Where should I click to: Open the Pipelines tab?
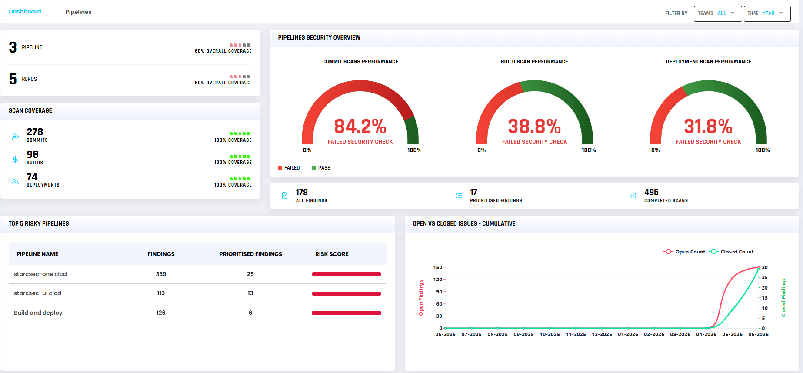pyautogui.click(x=78, y=12)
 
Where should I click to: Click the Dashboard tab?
pyautogui.click(x=25, y=11)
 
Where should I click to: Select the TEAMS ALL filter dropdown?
pyautogui.click(x=717, y=13)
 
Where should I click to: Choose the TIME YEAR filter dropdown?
pyautogui.click(x=767, y=13)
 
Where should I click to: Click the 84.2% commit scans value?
pyautogui.click(x=360, y=127)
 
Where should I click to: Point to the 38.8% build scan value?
pyautogui.click(x=534, y=127)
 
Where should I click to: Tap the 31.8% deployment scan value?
pyautogui.click(x=708, y=127)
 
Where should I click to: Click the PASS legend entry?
pyautogui.click(x=321, y=168)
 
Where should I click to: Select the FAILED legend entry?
pyautogui.click(x=289, y=168)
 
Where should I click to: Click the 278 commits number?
pyautogui.click(x=35, y=132)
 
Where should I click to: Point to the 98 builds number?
pyautogui.click(x=33, y=154)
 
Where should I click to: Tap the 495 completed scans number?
pyautogui.click(x=651, y=192)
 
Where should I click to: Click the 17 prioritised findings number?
pyautogui.click(x=473, y=192)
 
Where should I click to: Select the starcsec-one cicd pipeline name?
pyautogui.click(x=40, y=274)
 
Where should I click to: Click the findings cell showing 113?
pyautogui.click(x=161, y=293)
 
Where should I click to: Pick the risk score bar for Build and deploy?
pyautogui.click(x=347, y=313)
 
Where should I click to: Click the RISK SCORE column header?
pyautogui.click(x=332, y=254)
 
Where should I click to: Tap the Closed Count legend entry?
pyautogui.click(x=731, y=252)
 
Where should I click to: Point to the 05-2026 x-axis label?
pyautogui.click(x=732, y=334)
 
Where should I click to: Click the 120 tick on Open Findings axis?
pyautogui.click(x=438, y=280)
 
